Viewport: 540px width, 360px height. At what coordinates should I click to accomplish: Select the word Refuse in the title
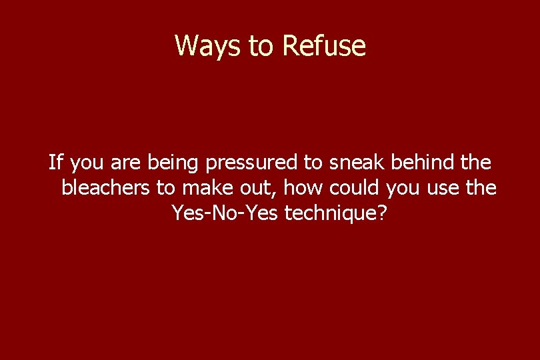click(324, 46)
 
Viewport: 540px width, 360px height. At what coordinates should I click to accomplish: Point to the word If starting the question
click(55, 162)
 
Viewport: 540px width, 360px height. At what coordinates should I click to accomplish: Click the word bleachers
click(106, 188)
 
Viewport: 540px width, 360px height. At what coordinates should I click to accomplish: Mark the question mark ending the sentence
click(380, 213)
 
